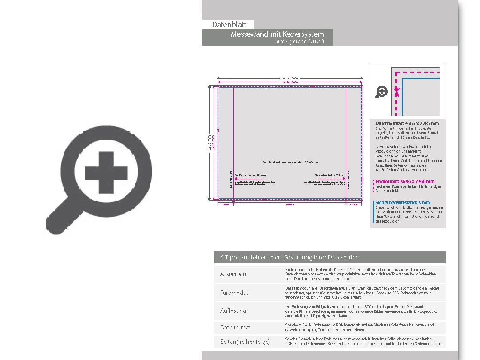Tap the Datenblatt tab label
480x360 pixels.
coord(229,25)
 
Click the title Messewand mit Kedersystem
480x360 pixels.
coord(277,34)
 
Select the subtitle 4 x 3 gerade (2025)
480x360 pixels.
coord(300,42)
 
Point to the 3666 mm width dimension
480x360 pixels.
coord(290,78)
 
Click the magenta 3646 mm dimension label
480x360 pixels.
coord(290,82)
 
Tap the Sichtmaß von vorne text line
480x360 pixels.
coord(290,162)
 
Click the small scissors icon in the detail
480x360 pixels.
coord(397,91)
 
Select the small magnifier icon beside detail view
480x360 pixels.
coord(381,92)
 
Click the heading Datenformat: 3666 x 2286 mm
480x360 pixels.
coord(407,124)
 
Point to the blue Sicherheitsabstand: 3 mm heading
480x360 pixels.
coord(402,202)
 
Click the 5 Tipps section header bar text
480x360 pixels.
coord(290,257)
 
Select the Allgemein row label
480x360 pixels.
coord(233,274)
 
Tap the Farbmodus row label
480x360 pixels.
coord(235,293)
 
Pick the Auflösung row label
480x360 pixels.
coord(233,311)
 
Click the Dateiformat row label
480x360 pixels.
coord(235,327)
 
